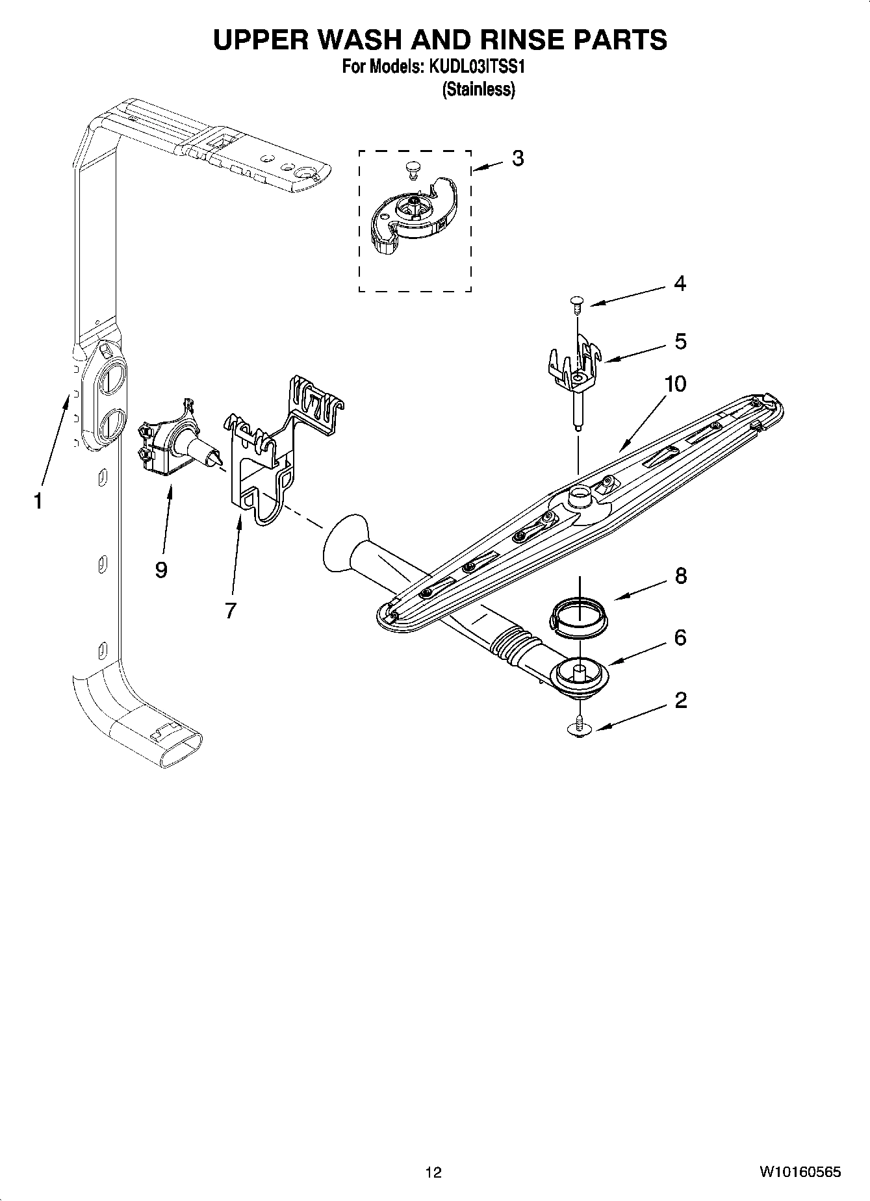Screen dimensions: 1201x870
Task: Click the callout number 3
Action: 517,158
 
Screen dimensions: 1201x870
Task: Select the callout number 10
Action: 675,384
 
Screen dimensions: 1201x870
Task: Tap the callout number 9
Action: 161,570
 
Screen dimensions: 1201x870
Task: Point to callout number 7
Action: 231,611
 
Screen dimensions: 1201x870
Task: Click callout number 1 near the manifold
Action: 38,501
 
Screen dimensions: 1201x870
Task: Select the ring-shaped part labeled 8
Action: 579,616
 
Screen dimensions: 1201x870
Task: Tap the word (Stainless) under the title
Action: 478,90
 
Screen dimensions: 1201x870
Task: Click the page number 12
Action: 433,1172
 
